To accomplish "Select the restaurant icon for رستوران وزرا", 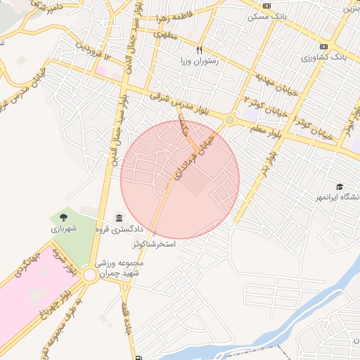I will click(199, 50).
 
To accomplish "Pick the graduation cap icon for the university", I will click(340, 187).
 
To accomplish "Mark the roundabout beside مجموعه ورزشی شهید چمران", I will click(90, 276).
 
